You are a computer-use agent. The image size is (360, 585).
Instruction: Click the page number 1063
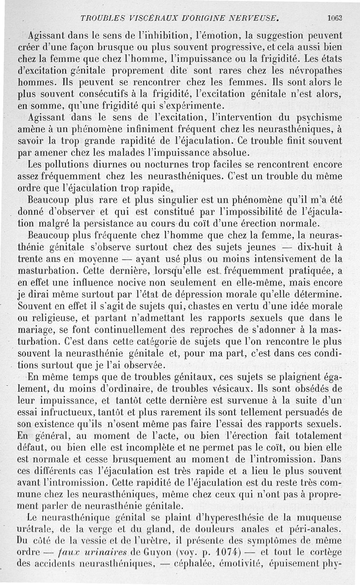point(335,18)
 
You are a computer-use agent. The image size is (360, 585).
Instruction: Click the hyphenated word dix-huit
point(319,247)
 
